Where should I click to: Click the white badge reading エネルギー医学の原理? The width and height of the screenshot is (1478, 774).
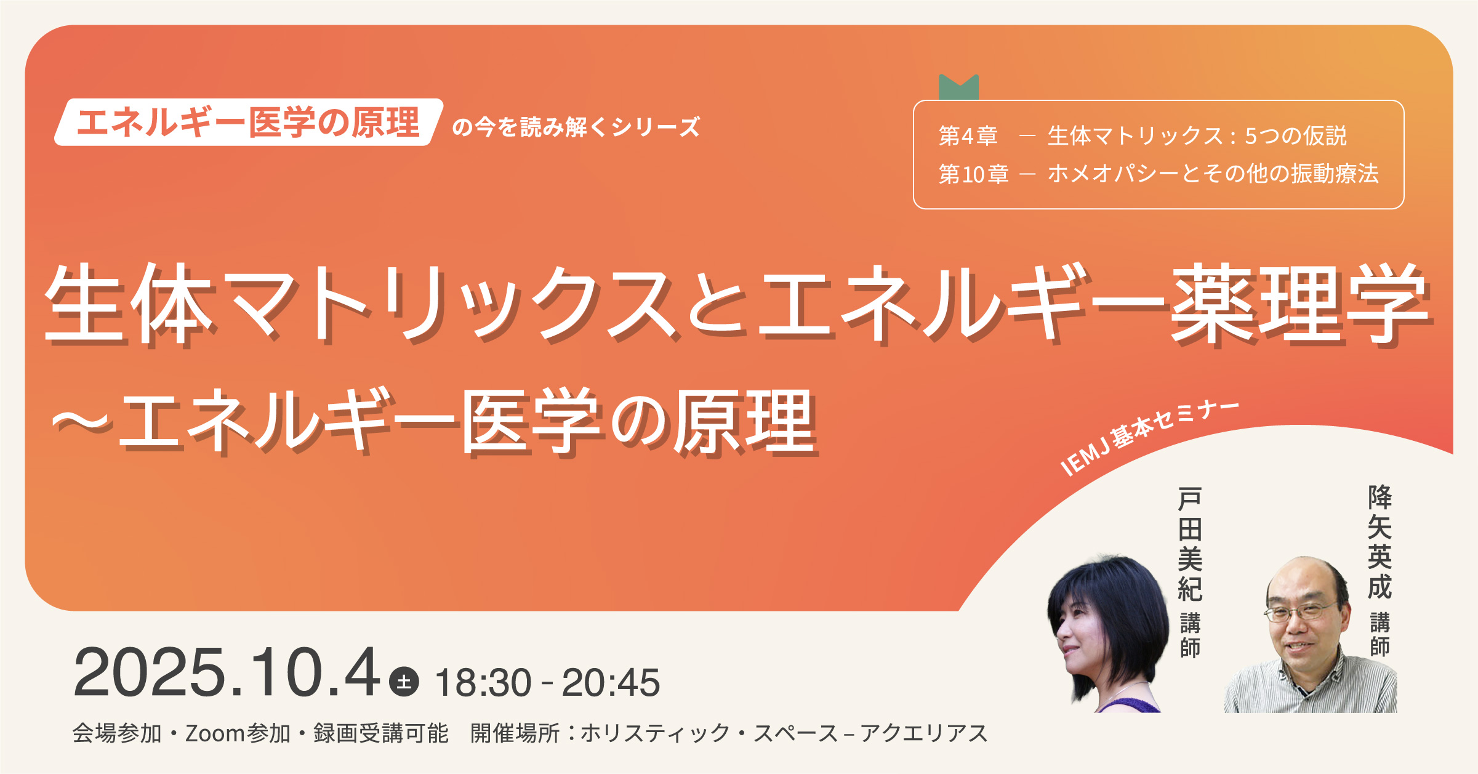pyautogui.click(x=249, y=122)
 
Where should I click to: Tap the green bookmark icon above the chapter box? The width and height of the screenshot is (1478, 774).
pyautogui.click(x=958, y=87)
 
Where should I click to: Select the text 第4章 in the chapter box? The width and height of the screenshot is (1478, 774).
pyautogui.click(x=968, y=136)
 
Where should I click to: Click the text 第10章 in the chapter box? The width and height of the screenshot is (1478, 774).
pyautogui.click(x=973, y=174)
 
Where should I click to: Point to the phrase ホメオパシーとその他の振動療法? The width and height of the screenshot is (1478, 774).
pyautogui.click(x=1213, y=174)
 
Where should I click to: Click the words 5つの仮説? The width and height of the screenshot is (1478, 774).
pyautogui.click(x=1296, y=136)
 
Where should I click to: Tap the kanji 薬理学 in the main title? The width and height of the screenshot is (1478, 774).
pyautogui.click(x=1299, y=303)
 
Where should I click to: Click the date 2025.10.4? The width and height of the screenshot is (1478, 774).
pyautogui.click(x=227, y=672)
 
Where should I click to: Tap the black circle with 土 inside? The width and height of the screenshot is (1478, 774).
pyautogui.click(x=404, y=682)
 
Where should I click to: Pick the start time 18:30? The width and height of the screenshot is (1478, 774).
pyautogui.click(x=483, y=682)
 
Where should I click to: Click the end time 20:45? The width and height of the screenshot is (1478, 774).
pyautogui.click(x=611, y=682)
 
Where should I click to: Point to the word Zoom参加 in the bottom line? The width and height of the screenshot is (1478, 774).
pyautogui.click(x=238, y=733)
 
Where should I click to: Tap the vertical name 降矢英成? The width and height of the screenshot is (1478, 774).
pyautogui.click(x=1380, y=542)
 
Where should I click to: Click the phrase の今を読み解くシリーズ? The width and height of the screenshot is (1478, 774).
pyautogui.click(x=576, y=127)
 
